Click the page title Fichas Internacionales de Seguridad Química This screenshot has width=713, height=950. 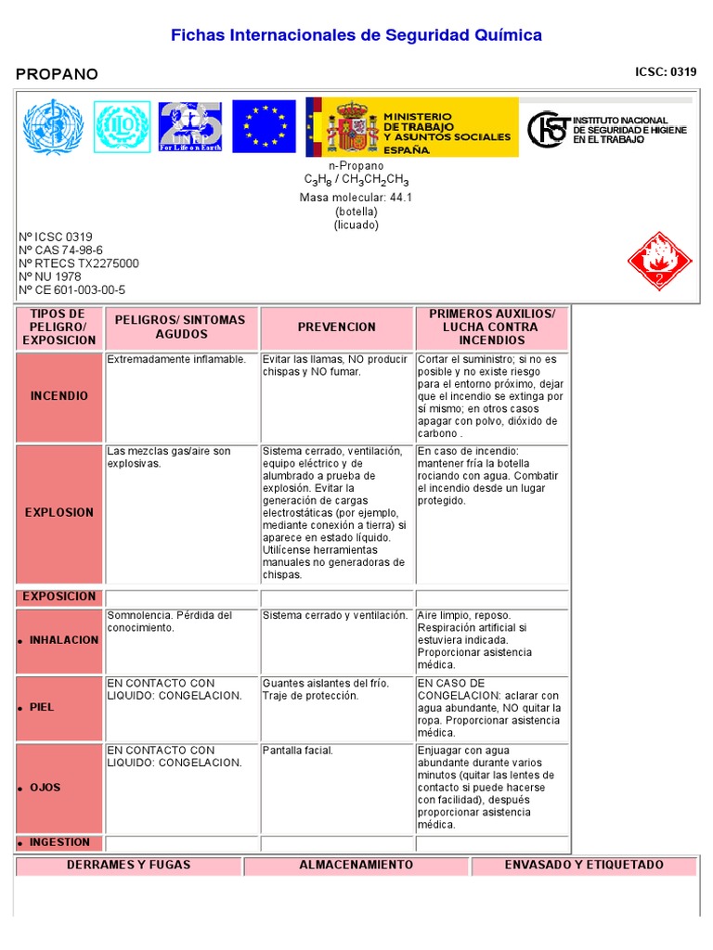click(x=356, y=35)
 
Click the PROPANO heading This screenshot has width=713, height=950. click(x=57, y=74)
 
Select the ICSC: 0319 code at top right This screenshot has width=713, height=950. click(x=665, y=71)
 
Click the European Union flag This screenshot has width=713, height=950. click(x=264, y=126)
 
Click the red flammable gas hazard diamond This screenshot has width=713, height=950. click(x=659, y=262)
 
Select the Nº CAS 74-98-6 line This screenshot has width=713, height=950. click(x=60, y=250)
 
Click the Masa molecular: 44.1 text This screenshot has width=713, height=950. click(x=356, y=198)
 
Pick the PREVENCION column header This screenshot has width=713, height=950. click(x=337, y=327)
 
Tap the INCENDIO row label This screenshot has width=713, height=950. click(x=59, y=396)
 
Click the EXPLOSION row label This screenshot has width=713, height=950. click(x=59, y=512)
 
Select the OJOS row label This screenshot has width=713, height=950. click(x=45, y=788)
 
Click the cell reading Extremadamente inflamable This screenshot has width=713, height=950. click(x=176, y=359)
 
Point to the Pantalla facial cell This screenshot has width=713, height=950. click(x=297, y=751)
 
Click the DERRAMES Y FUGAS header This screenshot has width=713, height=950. click(x=128, y=866)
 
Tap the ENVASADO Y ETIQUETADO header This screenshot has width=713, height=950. click(x=583, y=866)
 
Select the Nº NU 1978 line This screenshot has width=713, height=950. click(x=50, y=276)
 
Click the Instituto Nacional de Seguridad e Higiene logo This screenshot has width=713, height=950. click(x=607, y=129)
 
